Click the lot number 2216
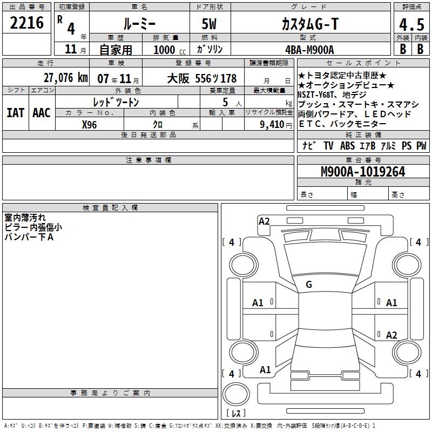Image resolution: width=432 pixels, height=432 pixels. [26, 23]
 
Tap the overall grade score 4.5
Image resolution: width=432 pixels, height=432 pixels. [411, 24]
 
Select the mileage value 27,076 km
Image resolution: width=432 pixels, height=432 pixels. [65, 78]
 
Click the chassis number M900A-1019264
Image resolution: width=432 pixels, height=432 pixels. [363, 172]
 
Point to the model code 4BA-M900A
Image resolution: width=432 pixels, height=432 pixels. [309, 50]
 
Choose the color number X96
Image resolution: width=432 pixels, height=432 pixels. [89, 125]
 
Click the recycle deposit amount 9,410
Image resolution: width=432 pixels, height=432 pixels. [272, 125]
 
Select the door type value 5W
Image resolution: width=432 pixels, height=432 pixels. [209, 24]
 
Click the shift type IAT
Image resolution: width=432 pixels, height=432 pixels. [16, 113]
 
